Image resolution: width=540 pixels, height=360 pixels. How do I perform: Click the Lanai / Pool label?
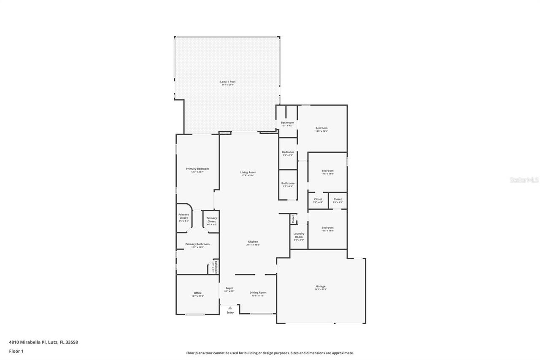point(228,81)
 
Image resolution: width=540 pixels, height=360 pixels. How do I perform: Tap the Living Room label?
point(248,172)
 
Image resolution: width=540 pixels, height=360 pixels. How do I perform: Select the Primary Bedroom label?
point(197,169)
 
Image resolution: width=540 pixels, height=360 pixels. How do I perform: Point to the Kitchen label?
point(253,242)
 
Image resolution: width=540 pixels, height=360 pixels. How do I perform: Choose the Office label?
point(197,293)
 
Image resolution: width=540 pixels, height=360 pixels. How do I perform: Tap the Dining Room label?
point(258,292)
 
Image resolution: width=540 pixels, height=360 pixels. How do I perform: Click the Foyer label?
point(229,288)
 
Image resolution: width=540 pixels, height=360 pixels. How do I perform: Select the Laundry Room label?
point(299,235)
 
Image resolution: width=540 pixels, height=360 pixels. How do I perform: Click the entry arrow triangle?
point(230,308)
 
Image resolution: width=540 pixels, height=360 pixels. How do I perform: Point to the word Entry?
point(230,312)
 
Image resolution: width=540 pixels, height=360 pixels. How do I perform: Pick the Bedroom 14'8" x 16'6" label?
point(321,128)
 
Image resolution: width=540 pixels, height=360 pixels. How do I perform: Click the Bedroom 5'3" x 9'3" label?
point(288,152)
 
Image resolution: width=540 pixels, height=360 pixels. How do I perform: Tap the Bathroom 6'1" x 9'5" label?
point(287,123)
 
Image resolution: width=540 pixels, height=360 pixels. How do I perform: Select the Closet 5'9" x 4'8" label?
point(318,199)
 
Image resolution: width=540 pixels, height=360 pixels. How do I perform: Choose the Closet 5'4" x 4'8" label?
point(337,199)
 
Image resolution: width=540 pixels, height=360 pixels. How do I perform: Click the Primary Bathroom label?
point(197,244)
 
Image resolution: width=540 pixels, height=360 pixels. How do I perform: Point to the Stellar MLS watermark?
point(524,180)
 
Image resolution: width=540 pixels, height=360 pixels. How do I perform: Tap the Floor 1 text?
point(16,351)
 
